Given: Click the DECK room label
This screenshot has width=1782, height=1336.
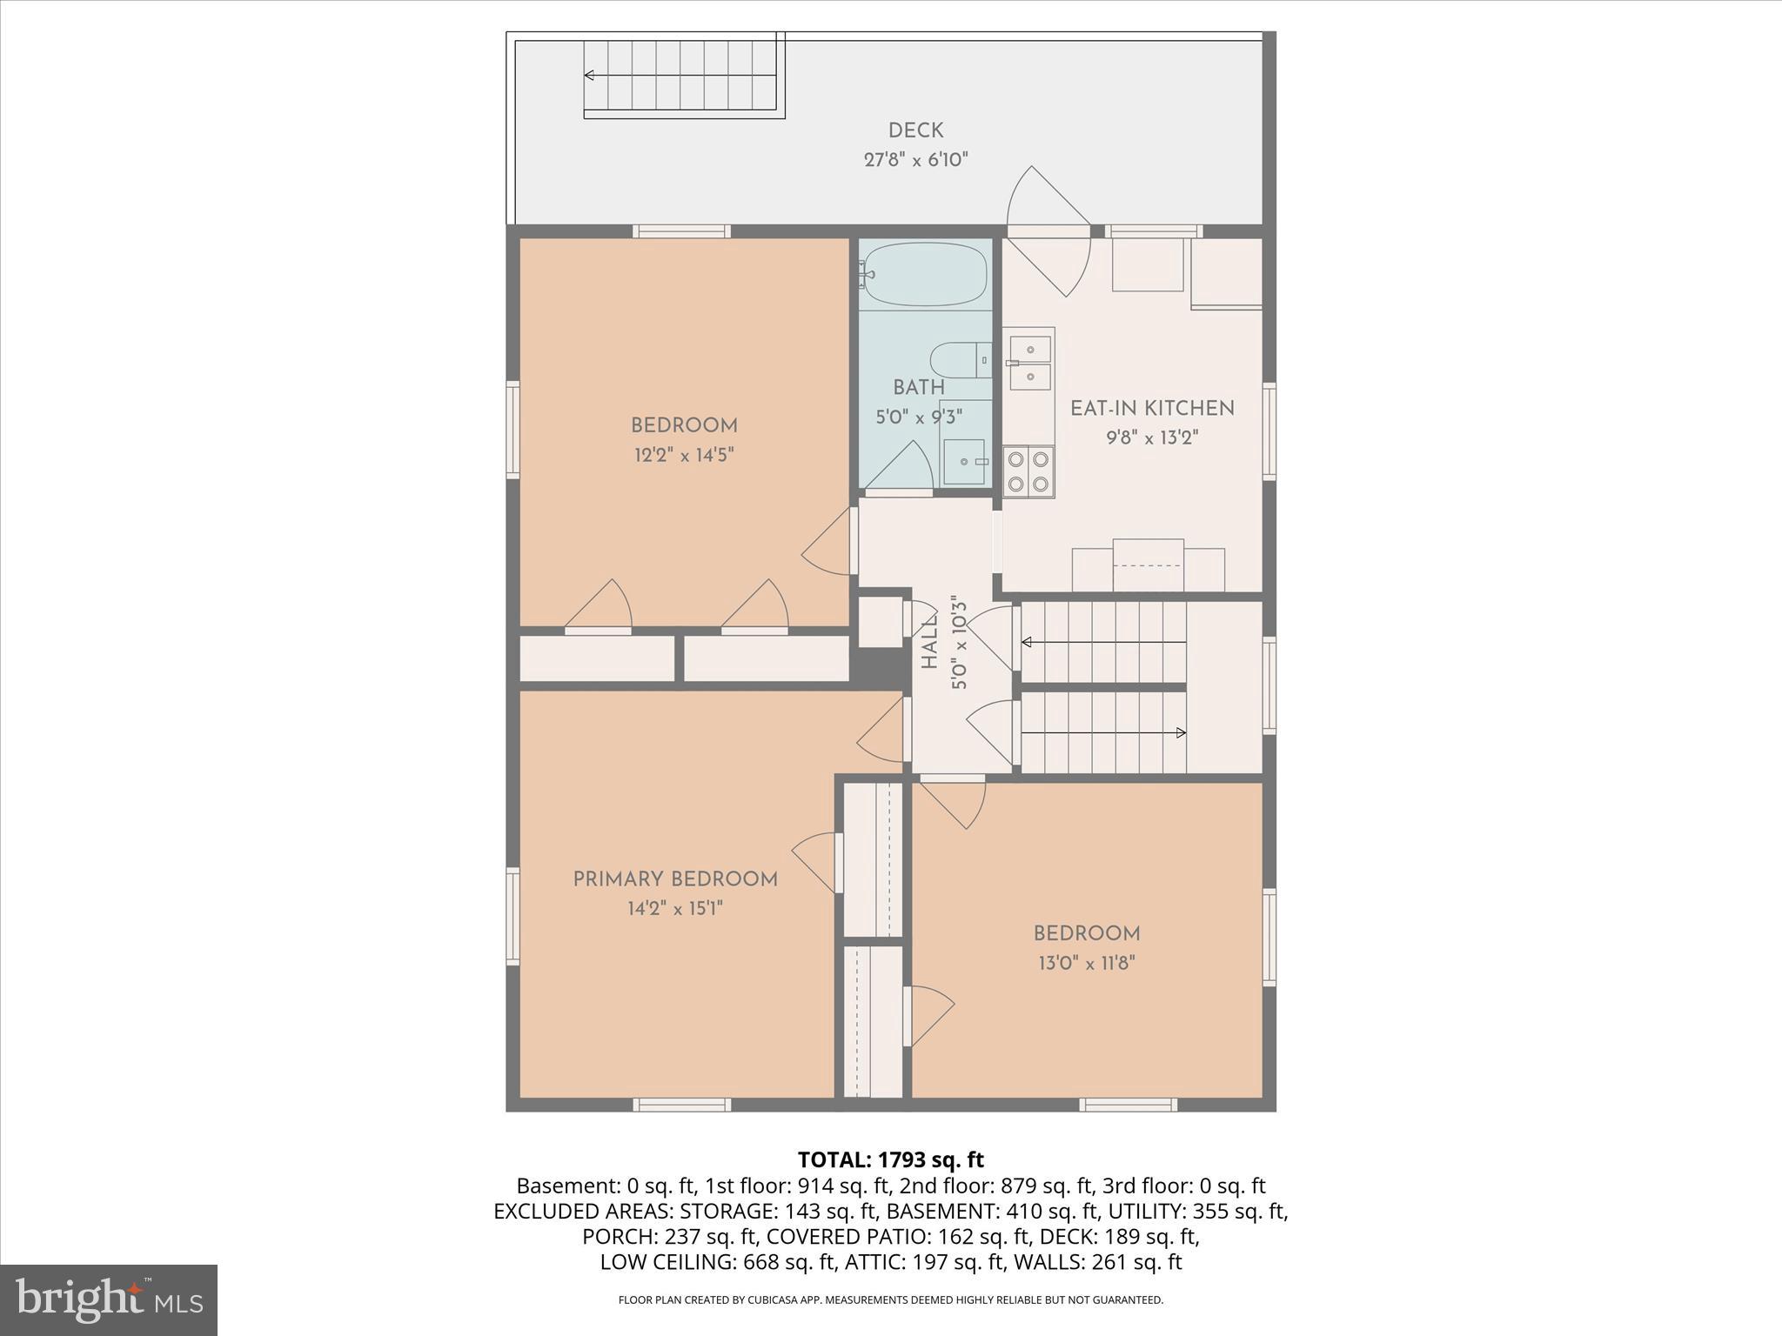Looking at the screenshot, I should [915, 130].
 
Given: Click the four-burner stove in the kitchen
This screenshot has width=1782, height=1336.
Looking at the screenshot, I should [1028, 471].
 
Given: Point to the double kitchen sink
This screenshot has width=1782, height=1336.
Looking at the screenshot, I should [1029, 363].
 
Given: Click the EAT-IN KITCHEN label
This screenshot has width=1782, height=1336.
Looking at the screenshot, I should [1152, 408].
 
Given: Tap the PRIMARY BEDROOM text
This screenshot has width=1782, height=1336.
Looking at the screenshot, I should [675, 879].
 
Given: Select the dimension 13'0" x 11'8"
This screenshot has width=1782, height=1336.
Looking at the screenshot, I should [1087, 963].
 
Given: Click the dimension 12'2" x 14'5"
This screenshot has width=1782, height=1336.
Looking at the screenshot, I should [684, 455].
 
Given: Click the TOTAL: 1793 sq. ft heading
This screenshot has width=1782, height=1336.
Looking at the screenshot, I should [890, 1159].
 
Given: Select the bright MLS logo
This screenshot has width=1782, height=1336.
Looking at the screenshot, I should [109, 1299].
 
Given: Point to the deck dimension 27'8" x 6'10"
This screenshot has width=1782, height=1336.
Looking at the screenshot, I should [915, 160].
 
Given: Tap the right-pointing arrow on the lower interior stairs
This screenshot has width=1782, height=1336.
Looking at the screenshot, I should [1180, 732].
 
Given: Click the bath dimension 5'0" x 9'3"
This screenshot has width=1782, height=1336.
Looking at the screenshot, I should [919, 417].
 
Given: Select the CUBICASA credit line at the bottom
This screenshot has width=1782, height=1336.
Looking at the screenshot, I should [890, 1299].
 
